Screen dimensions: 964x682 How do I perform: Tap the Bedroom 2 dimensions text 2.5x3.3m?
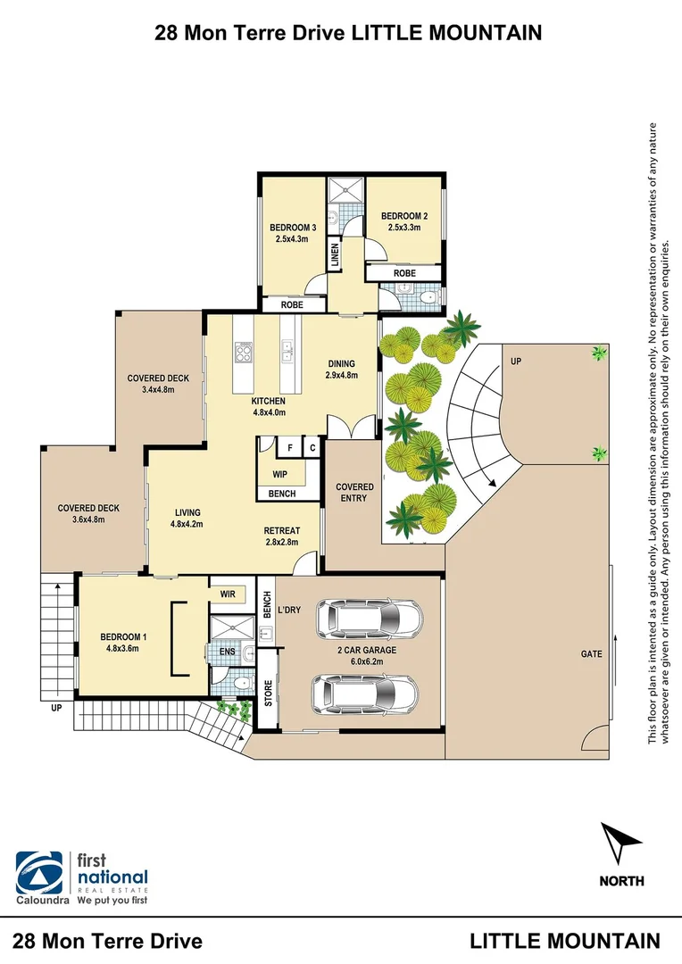(403, 228)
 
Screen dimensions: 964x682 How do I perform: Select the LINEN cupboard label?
(336, 255)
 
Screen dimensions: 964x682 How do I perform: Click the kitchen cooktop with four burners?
(244, 353)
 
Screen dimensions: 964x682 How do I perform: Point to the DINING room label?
(341, 363)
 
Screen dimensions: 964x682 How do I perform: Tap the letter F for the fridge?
(290, 448)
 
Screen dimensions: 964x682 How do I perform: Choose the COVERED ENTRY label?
(353, 492)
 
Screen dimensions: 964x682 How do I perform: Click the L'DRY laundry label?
(290, 609)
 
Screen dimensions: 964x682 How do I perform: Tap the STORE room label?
(268, 693)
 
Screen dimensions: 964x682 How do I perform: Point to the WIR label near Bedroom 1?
(227, 592)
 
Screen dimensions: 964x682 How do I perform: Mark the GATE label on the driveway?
(591, 654)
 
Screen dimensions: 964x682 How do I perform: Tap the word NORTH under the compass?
(621, 881)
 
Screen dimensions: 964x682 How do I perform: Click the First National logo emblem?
(40, 872)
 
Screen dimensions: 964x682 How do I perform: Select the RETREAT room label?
(282, 531)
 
